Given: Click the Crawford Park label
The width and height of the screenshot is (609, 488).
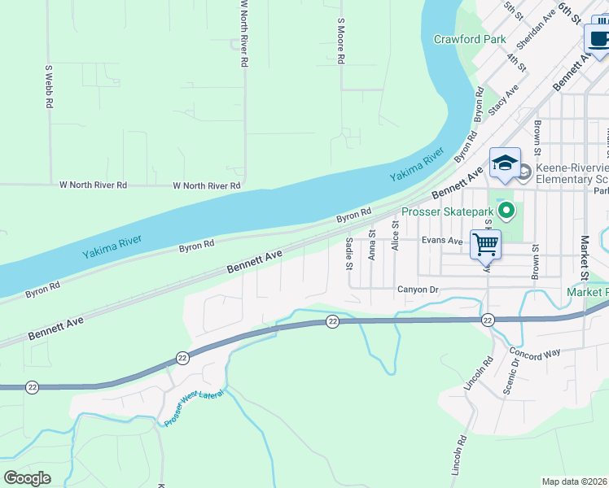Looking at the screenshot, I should click(469, 39).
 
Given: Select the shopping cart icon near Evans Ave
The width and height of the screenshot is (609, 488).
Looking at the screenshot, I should click(485, 242).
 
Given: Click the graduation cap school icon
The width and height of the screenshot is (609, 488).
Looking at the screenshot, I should click(505, 163).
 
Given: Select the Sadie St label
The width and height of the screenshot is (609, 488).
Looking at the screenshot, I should click(348, 253).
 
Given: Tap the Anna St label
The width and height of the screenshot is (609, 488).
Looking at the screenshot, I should click(371, 244).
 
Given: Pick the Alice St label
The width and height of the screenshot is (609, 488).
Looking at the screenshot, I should click(394, 237).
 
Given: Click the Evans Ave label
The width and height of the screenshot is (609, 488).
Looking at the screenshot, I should click(442, 241).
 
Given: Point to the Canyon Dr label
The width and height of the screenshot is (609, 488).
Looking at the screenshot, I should click(418, 290).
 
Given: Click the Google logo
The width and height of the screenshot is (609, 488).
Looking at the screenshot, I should click(27, 477).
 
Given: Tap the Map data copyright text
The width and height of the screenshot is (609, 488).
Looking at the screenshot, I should click(574, 481).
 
